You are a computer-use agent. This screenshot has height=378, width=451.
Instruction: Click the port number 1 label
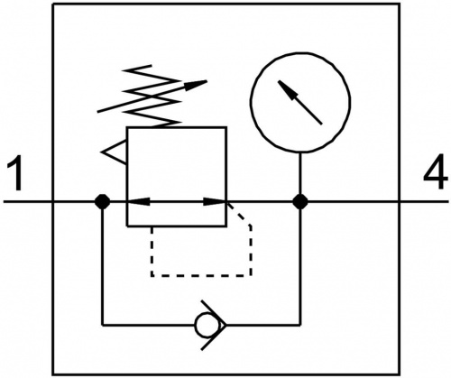pos(15,172)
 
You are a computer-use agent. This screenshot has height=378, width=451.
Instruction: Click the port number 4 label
pos(435,171)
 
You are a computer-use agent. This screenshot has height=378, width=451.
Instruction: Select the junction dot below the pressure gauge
pos(300,201)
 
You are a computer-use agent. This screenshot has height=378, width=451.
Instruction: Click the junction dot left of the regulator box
pos(102,201)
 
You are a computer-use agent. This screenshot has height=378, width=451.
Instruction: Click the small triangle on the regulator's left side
pos(115,152)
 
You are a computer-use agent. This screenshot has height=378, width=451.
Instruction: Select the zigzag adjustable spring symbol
pos(152,97)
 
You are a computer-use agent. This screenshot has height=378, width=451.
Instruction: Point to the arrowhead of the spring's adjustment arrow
pos(196,85)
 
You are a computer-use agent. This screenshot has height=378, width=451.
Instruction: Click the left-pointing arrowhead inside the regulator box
pos(139,201)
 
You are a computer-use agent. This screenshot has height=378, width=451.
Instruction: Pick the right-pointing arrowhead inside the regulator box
pos(214,201)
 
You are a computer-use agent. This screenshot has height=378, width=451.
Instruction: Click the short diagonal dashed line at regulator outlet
pos(239,214)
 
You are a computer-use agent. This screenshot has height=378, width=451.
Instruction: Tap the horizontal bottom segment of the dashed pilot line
pos(201,275)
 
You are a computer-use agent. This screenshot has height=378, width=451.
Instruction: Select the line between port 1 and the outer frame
pos(28,201)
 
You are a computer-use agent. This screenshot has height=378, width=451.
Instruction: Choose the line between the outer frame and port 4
pos(424,201)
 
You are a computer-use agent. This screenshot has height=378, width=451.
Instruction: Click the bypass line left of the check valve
pos(149,325)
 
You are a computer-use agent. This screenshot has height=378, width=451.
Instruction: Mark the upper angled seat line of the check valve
pos(214,313)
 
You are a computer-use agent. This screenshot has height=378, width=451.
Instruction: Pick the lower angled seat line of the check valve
pos(214,337)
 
